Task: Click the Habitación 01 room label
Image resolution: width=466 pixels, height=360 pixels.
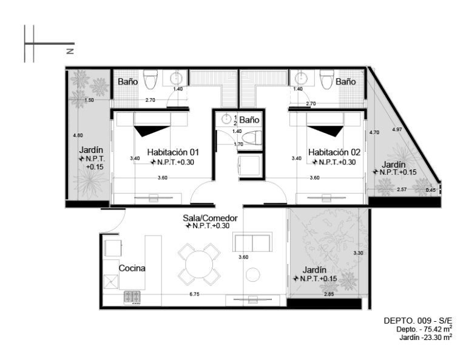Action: [173, 152]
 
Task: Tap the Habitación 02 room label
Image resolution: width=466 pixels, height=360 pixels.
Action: [334, 152]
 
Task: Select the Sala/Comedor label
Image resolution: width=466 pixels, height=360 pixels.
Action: [210, 218]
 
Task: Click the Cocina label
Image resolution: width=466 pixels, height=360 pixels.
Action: [132, 268]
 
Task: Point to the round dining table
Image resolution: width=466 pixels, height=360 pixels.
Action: [200, 265]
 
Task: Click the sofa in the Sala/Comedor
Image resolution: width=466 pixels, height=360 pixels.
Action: [252, 242]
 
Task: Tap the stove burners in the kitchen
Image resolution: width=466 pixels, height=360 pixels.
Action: [132, 297]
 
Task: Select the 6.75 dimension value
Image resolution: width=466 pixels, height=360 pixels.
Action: [194, 294]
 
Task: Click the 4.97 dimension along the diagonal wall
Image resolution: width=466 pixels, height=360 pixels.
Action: [397, 129]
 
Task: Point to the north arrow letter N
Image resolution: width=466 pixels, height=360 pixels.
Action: [70, 51]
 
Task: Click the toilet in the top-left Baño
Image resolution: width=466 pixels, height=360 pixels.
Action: [150, 80]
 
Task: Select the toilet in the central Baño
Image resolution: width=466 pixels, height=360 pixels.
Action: [252, 138]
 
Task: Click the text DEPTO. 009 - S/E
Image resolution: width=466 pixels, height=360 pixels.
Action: [418, 321]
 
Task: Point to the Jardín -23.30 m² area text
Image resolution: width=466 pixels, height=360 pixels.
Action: [425, 338]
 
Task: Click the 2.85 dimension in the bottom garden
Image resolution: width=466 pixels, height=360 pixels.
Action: [329, 294]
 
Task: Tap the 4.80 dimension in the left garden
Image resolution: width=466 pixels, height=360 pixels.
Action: [78, 135]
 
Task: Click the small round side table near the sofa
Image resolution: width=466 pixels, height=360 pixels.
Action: [253, 274]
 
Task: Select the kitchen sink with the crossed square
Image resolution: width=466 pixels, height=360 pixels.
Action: [111, 282]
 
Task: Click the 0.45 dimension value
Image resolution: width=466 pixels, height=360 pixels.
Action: [430, 190]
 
